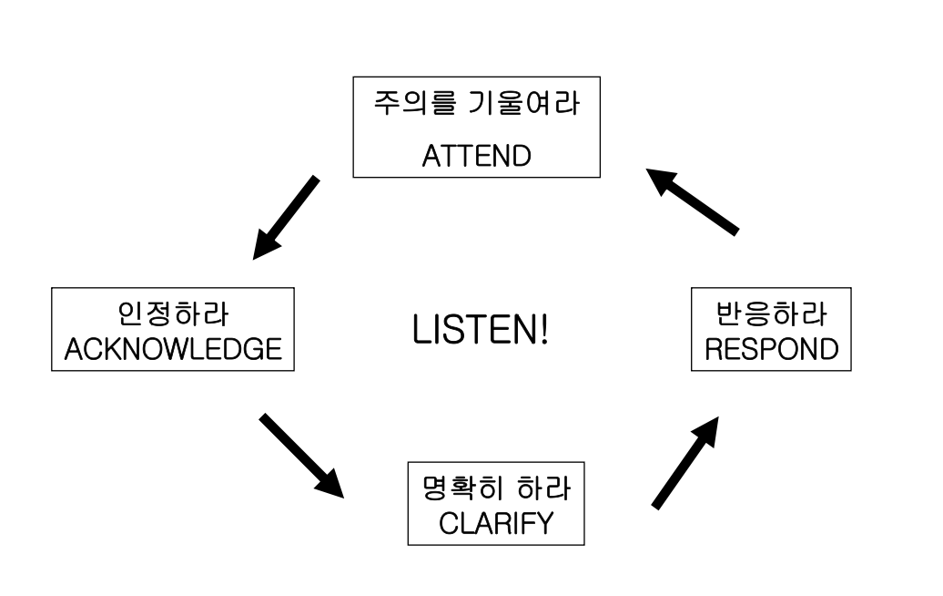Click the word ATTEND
pos(476,156)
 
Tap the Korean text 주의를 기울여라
pos(476,103)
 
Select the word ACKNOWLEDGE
pos(173,349)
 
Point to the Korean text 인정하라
pos(173,313)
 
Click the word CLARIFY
pos(496,523)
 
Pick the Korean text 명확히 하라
pos(496,488)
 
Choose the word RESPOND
pos(772,349)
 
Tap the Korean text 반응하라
pos(772,313)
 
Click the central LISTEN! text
pos(480,330)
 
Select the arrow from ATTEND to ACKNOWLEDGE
pos(286,218)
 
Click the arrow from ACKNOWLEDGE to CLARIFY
pos(301,456)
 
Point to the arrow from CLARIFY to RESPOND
pos(685,462)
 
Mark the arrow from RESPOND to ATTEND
pos(692,201)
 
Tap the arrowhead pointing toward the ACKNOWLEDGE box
pos(266,243)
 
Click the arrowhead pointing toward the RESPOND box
pos(707,430)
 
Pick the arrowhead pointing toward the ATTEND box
pos(660,180)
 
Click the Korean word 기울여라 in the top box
pos(523,103)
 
